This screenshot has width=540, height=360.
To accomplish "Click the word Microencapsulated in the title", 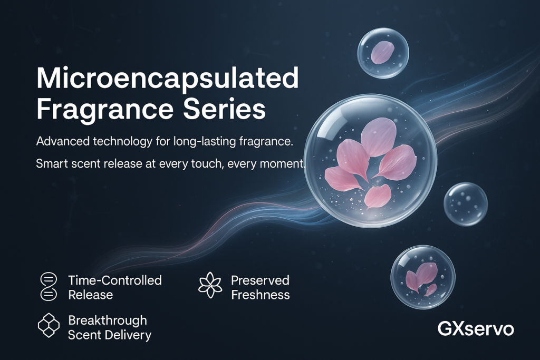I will click(167, 79).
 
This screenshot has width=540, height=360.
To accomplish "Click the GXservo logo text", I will click(476, 329).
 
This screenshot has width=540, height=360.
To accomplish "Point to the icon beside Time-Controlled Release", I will click(48, 287).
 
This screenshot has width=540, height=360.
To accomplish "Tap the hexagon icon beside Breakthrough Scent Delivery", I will click(49, 326).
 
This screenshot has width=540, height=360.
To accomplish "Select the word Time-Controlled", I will click(115, 280).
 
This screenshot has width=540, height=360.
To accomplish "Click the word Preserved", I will click(260, 280).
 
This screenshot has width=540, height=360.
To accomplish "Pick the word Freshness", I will click(260, 294).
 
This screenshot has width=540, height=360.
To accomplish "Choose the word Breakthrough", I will click(108, 320).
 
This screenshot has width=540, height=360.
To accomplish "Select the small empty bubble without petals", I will click(465, 204).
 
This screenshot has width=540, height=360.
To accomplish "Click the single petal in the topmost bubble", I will click(382, 52).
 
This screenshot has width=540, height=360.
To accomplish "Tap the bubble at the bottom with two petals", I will click(422, 276).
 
